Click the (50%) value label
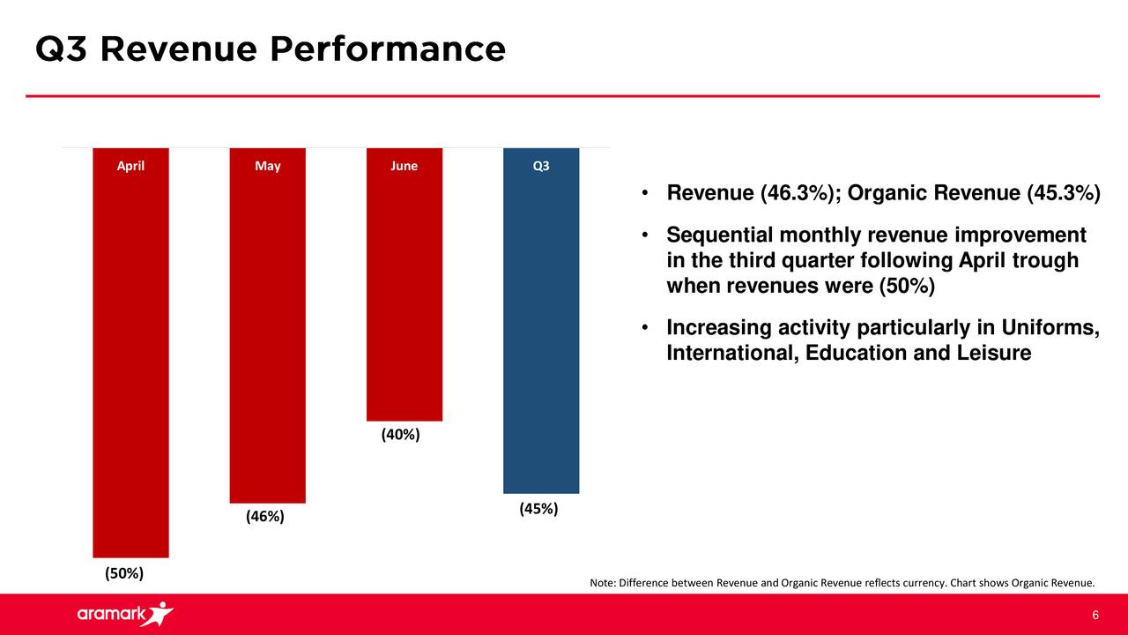coord(124,574)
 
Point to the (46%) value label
coord(265,517)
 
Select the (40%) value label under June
coord(400,435)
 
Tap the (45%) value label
coord(538,510)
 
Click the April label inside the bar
coord(130,166)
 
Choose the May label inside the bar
coord(267,166)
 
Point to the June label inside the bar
coord(404,166)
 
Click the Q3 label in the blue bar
coord(541,166)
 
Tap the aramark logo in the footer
coord(124,614)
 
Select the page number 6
coord(1095,615)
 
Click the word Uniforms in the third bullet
coord(1050,328)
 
